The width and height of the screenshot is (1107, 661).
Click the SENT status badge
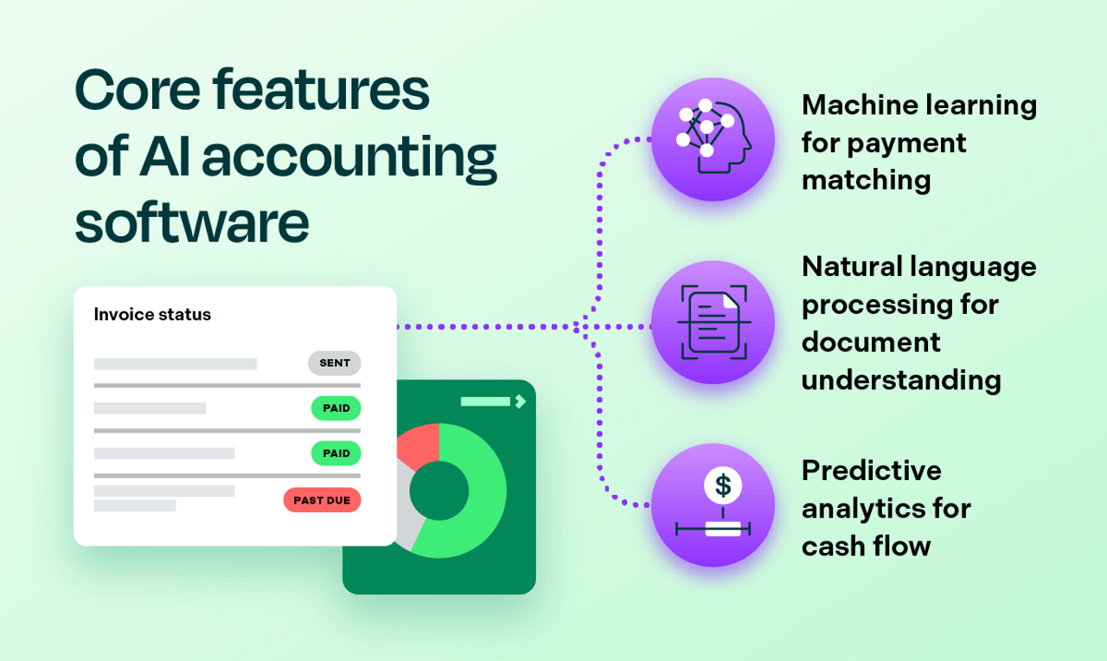click(335, 363)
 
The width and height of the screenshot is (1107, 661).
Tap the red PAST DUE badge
click(322, 500)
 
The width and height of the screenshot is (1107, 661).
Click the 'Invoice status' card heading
click(152, 315)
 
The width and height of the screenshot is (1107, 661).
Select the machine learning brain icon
click(712, 138)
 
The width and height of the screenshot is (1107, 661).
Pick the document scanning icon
click(712, 323)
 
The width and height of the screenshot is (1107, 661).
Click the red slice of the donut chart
click(417, 442)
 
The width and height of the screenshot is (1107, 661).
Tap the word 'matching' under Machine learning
click(866, 180)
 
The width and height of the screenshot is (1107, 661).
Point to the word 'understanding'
click(901, 380)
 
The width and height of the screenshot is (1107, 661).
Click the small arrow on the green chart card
click(520, 401)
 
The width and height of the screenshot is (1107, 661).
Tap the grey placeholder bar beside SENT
click(176, 363)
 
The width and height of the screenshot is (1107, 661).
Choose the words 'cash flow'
click(866, 547)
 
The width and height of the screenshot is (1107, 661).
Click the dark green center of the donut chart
click(438, 490)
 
